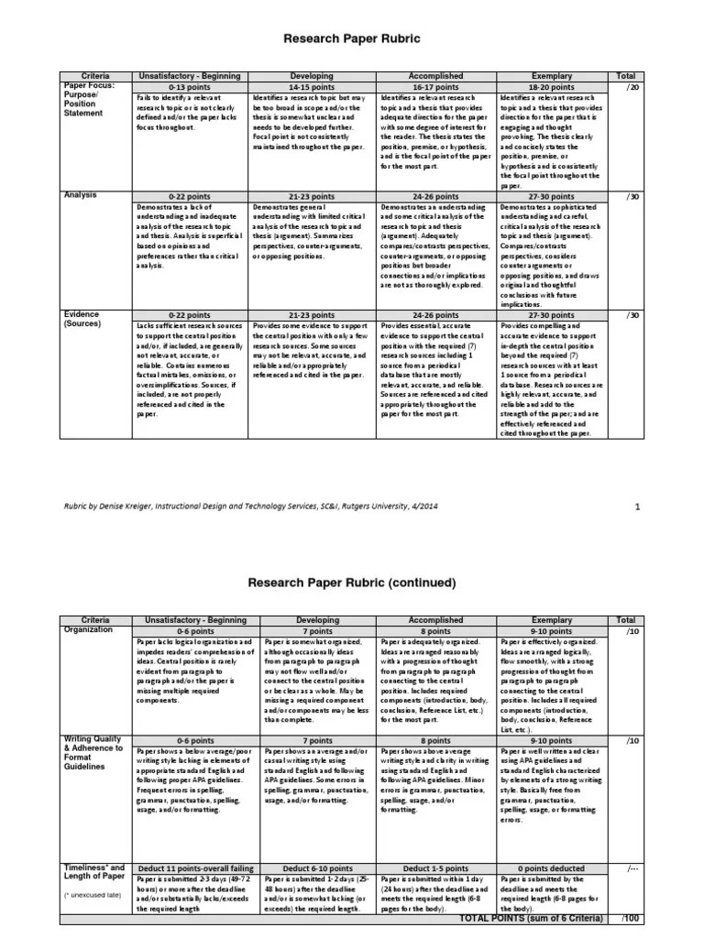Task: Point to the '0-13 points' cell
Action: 189,85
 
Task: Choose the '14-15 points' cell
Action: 312,85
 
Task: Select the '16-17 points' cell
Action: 436,85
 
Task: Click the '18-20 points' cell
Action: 559,85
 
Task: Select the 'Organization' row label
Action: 89,629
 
